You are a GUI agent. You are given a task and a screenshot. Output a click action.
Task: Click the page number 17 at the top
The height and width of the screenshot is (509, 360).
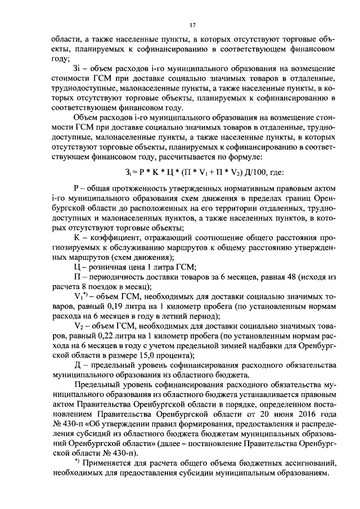pyautogui.click(x=192, y=25)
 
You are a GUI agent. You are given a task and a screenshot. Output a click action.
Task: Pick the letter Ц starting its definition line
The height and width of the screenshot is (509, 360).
pyautogui.click(x=77, y=266)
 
